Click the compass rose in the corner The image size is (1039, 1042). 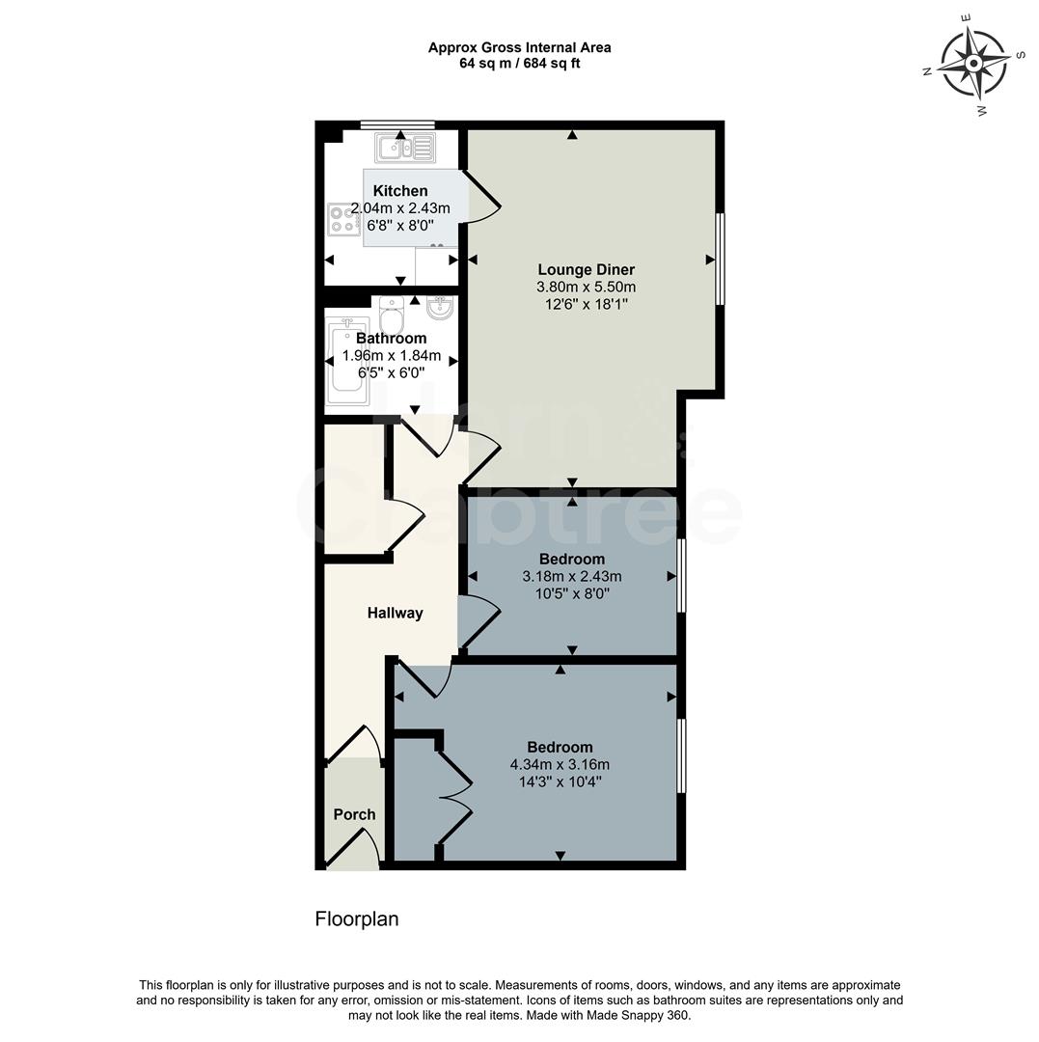[x=973, y=64]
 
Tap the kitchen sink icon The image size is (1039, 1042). [x=406, y=148]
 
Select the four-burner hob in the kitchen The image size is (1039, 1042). [x=342, y=219]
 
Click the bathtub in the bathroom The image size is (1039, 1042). [x=347, y=362]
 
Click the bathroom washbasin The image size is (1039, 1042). [x=440, y=308]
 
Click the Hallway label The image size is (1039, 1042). [x=395, y=613]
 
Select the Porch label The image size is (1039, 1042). [x=354, y=814]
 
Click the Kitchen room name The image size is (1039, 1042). [x=399, y=191]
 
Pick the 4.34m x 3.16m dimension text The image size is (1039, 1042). [x=560, y=765]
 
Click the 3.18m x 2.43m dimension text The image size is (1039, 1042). [x=572, y=577]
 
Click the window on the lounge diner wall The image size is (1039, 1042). [x=720, y=259]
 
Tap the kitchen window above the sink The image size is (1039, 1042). [x=397, y=124]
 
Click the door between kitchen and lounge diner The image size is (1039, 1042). [x=482, y=199]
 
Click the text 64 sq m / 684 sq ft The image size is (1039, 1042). [x=520, y=64]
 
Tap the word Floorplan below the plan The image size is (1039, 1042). [x=357, y=919]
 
